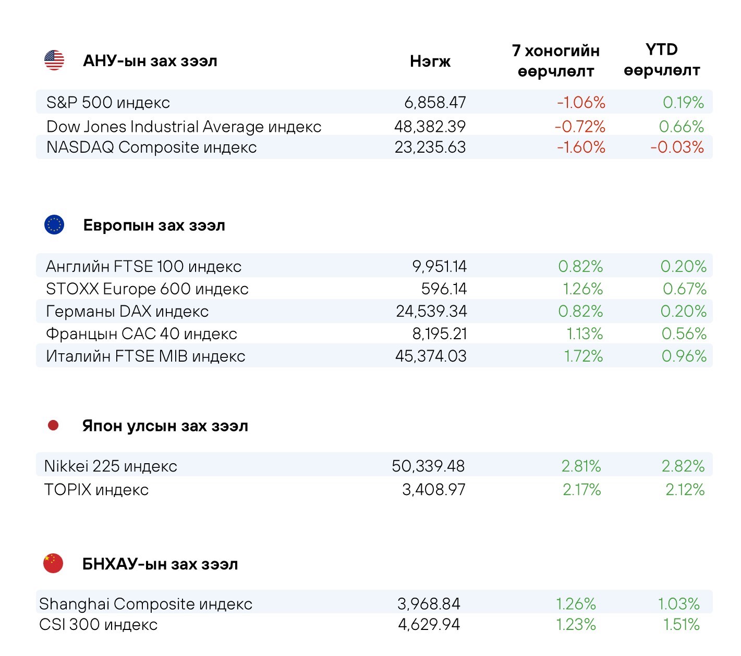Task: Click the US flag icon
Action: [x=54, y=60]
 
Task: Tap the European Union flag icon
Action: [x=54, y=225]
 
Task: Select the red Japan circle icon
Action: [x=53, y=426]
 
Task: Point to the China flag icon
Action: [x=53, y=563]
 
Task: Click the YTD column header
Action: [x=662, y=60]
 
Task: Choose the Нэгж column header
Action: [x=430, y=61]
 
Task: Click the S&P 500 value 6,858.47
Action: [x=435, y=103]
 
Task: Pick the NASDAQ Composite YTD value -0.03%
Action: [x=677, y=147]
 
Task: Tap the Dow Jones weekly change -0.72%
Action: [x=580, y=127]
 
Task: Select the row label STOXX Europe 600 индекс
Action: [x=147, y=289]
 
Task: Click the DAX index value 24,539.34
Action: [x=431, y=312]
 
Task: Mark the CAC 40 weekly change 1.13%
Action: [x=585, y=334]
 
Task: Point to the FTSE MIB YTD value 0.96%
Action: [x=684, y=356]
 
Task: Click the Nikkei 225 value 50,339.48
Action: [x=428, y=466]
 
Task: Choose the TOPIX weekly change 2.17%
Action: [x=581, y=490]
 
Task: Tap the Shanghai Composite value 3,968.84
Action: [x=429, y=604]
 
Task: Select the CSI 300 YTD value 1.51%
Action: [x=681, y=625]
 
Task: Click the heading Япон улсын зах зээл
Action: [x=165, y=426]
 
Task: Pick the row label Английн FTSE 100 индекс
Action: [x=143, y=267]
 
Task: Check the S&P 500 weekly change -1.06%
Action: [x=581, y=103]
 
